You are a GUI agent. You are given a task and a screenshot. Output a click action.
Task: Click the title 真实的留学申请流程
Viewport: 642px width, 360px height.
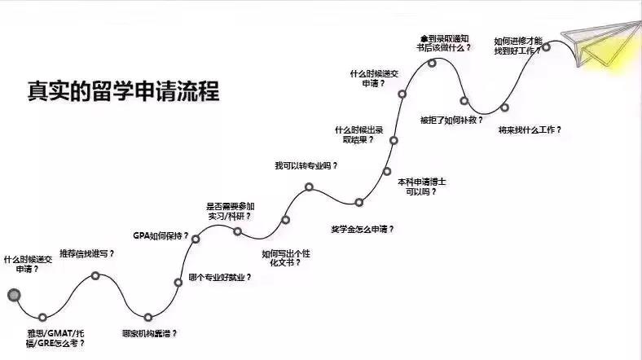tap(122, 90)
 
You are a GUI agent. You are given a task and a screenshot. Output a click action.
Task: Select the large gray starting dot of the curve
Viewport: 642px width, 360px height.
tap(12, 295)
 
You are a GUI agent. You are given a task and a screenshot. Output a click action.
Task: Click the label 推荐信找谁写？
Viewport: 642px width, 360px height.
tap(87, 253)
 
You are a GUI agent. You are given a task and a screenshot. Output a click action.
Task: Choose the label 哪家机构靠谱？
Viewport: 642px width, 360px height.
tap(149, 333)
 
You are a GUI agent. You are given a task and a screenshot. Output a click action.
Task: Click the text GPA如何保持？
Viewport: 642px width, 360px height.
tap(160, 236)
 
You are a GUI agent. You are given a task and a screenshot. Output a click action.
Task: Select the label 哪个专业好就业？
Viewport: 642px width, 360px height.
tap(220, 277)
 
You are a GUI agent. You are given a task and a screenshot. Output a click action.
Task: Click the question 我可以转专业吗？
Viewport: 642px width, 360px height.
tap(306, 165)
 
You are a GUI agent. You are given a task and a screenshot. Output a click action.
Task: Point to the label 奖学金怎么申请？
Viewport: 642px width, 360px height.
tap(363, 228)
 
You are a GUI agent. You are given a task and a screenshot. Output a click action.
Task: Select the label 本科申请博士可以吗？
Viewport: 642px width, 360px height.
tap(422, 187)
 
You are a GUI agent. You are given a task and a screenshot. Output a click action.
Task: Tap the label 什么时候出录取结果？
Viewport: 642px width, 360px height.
tap(359, 134)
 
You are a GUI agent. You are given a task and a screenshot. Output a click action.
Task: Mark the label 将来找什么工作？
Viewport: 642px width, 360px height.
tap(530, 129)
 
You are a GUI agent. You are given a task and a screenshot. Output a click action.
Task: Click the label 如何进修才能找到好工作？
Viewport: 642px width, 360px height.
tap(518, 46)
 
